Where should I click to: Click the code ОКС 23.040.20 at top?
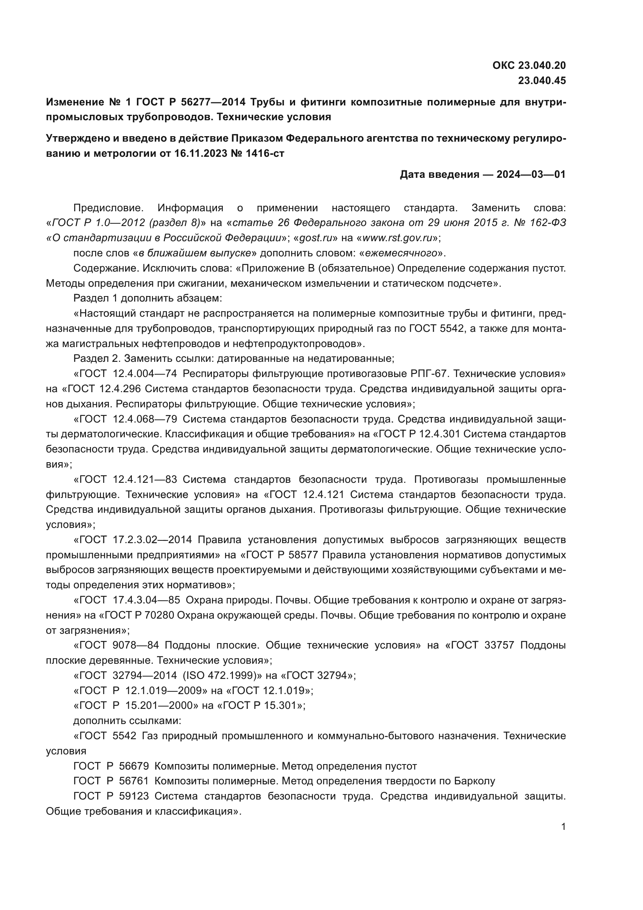(x=529, y=65)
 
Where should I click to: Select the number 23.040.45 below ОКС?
(x=542, y=81)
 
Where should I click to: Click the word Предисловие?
(x=108, y=208)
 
